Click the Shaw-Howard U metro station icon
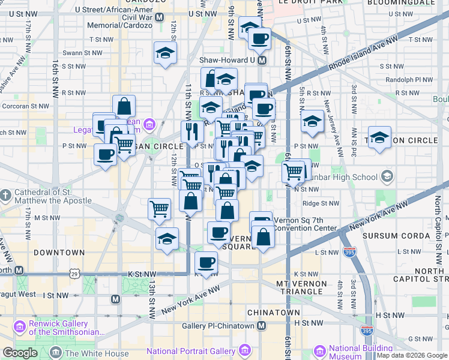click(262, 60)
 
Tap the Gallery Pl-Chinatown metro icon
click(261, 326)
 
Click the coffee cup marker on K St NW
click(206, 262)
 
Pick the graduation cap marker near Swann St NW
click(164, 53)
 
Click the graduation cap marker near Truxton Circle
click(379, 137)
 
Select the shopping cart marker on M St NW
click(159, 208)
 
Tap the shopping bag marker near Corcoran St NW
click(123, 106)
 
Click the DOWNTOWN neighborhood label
click(59, 253)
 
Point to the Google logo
click(20, 353)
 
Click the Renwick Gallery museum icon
click(20, 328)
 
